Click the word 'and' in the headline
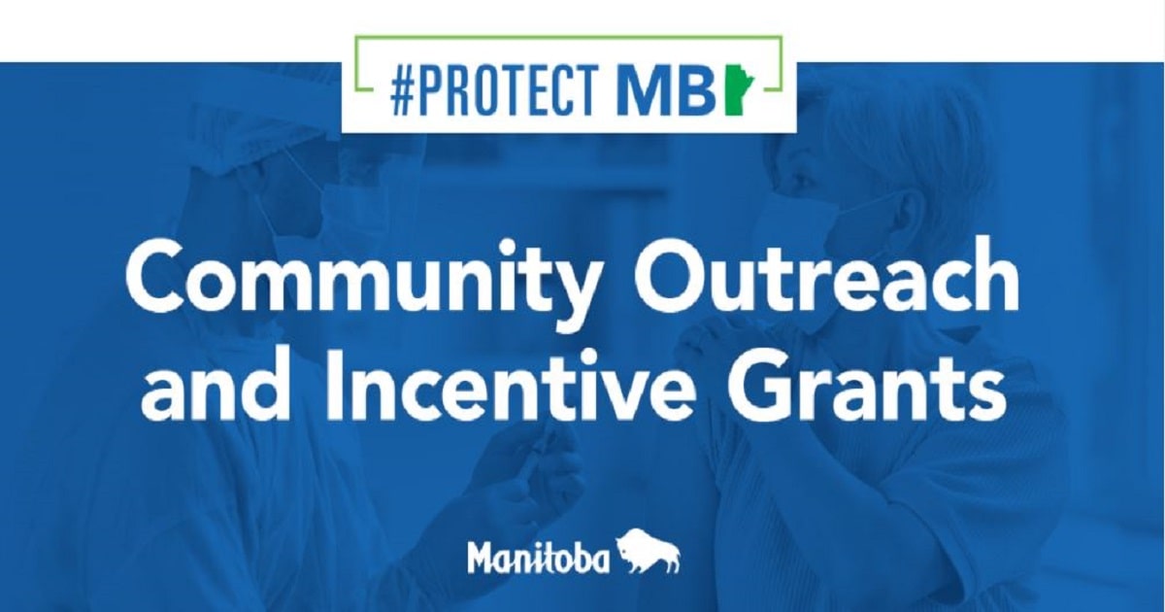coord(215,384)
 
